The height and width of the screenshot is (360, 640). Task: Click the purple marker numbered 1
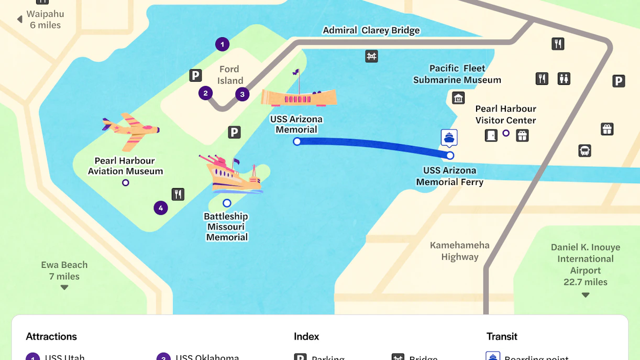tap(222, 45)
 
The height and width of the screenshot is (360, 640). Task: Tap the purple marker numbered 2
tap(205, 93)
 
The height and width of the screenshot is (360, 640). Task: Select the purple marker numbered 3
tap(242, 94)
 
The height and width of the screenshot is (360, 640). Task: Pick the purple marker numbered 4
tap(161, 208)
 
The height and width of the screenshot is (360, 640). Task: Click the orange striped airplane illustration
tap(131, 130)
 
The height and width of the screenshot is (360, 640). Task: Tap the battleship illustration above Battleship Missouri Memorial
tap(231, 174)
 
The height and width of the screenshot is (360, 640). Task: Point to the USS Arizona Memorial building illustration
tap(299, 96)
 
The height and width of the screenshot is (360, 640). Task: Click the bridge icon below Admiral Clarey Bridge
tap(371, 56)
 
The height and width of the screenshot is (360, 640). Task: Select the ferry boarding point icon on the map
tap(449, 137)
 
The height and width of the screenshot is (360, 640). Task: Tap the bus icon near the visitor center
tap(584, 151)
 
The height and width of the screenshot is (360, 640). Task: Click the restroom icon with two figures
tap(564, 79)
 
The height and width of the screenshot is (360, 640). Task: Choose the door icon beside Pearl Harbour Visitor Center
tap(491, 136)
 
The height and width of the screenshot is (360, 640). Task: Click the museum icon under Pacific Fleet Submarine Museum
tap(458, 98)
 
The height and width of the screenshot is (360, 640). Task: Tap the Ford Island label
tap(230, 75)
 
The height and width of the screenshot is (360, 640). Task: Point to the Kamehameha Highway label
tap(459, 251)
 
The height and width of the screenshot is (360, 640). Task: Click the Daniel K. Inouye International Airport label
tap(585, 264)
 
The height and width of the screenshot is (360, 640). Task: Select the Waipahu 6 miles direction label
tap(45, 19)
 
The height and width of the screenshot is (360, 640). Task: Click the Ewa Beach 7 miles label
tap(64, 270)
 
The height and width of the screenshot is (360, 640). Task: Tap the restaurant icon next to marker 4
tap(178, 194)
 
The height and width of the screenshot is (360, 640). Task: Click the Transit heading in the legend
tap(501, 336)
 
